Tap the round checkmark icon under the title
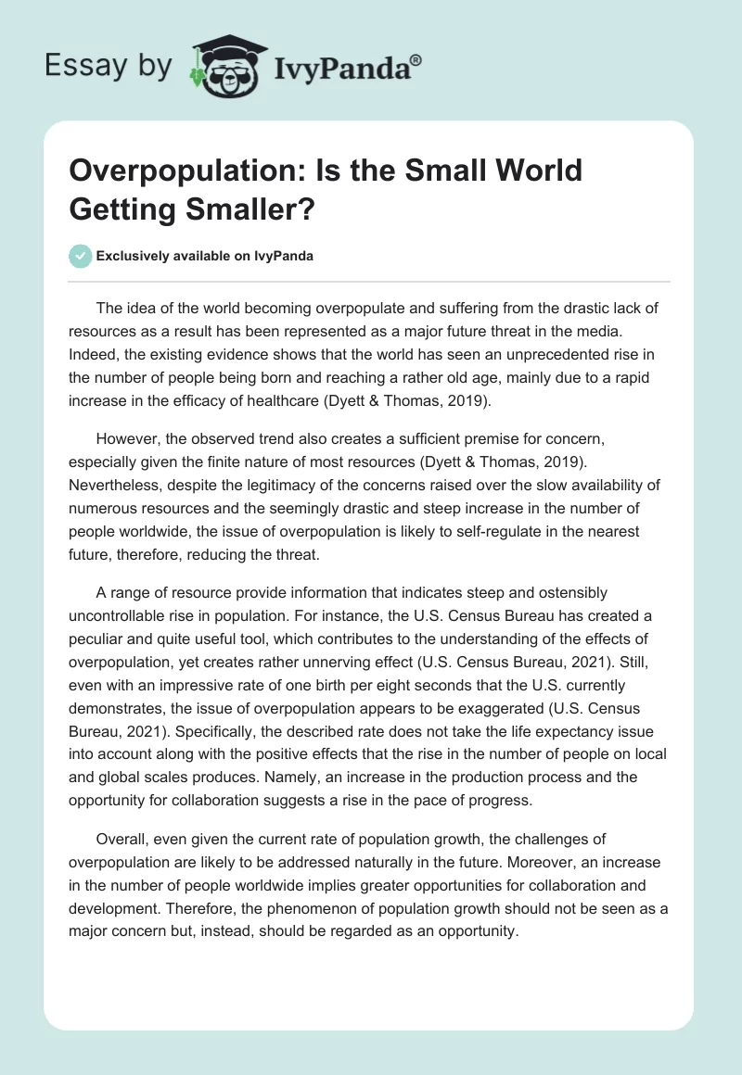(82, 256)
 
